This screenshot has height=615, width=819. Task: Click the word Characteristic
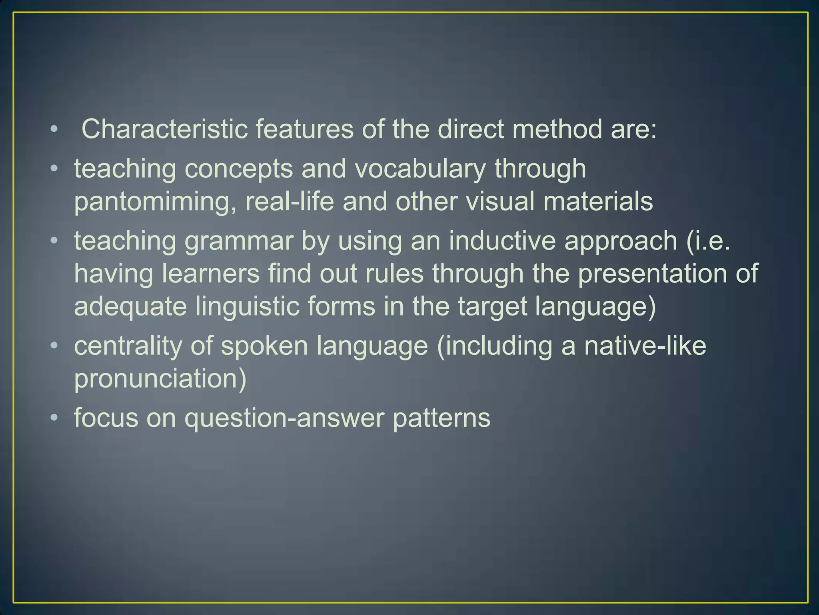click(164, 129)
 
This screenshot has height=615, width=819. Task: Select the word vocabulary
click(420, 169)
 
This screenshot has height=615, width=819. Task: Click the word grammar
click(239, 241)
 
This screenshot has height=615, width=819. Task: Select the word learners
click(211, 274)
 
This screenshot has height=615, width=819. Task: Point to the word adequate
click(130, 307)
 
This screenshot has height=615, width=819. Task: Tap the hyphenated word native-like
click(645, 346)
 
